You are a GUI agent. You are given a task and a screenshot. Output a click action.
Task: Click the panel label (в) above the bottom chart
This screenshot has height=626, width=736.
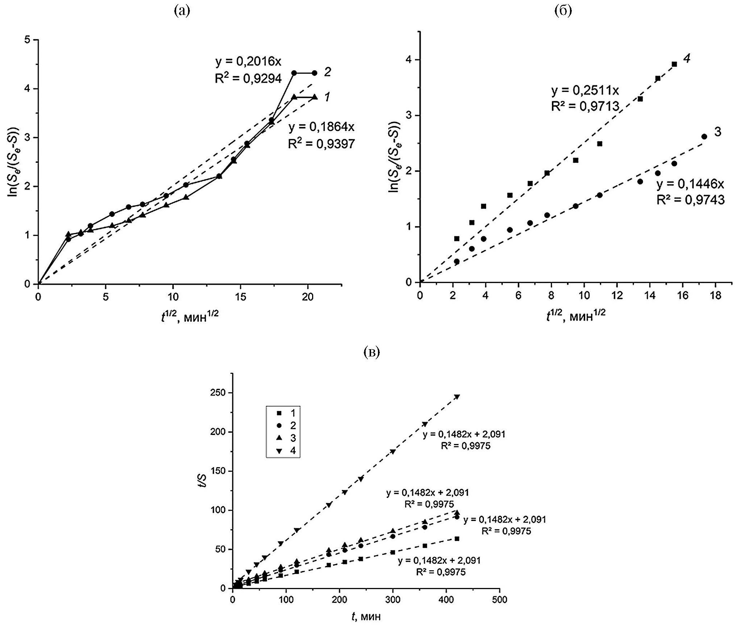tap(371, 352)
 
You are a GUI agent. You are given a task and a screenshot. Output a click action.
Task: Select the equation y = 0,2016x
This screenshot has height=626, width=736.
tap(248, 62)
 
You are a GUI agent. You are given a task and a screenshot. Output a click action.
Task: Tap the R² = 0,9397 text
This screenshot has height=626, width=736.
tap(321, 144)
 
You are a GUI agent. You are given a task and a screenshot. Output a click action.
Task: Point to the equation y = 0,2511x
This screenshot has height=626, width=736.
tap(585, 90)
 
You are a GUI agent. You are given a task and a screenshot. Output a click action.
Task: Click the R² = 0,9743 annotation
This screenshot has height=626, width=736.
tap(690, 200)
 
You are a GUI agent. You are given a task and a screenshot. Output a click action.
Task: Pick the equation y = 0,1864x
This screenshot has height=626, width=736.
tap(322, 127)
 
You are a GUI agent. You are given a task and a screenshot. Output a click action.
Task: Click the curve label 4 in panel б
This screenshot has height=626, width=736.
tap(686, 58)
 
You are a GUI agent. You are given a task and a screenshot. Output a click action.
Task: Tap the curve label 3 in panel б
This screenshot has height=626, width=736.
tap(718, 132)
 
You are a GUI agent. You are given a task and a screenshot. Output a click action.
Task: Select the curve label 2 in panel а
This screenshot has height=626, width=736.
tap(327, 72)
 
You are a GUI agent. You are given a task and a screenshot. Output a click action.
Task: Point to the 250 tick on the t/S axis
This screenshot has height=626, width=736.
tap(218, 393)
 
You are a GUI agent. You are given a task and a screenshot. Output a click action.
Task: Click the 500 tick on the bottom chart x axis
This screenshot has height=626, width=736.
tap(499, 600)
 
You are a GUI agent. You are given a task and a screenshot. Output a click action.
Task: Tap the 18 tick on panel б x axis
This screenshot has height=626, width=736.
tap(715, 296)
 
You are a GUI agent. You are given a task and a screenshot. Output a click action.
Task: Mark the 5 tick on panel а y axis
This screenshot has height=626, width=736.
tap(27, 39)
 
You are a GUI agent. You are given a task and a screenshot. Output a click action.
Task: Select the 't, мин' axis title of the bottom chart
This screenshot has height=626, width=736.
tap(366, 617)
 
